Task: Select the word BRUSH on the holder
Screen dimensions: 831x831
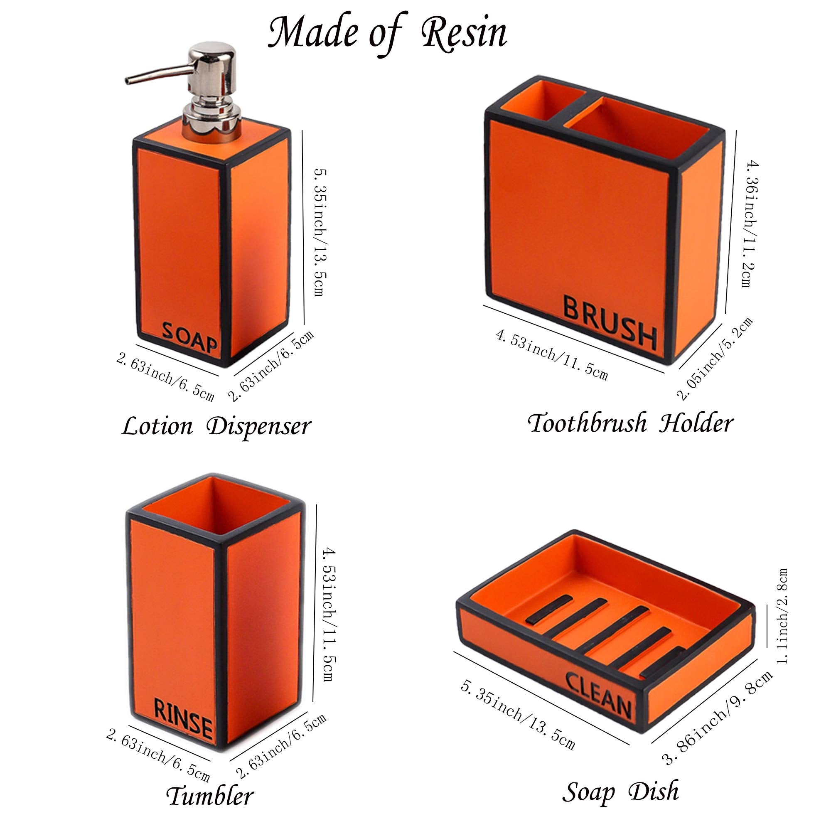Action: (x=610, y=321)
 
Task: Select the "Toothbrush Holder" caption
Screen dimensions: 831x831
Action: (x=631, y=423)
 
